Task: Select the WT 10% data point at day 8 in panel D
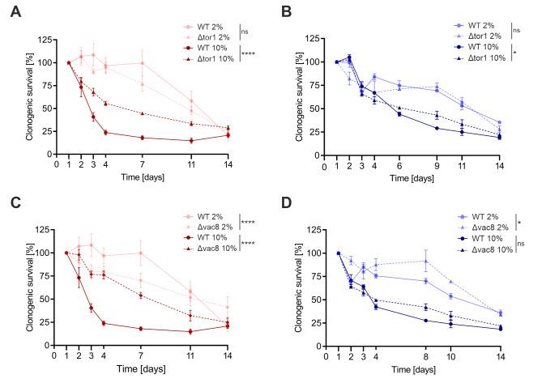point(425,321)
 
